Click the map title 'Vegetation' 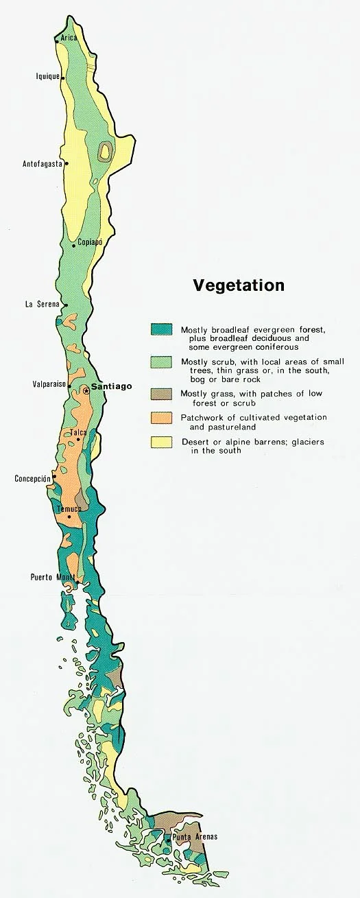click(238, 285)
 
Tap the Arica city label click(69, 38)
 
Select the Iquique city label click(47, 77)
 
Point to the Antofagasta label click(43, 164)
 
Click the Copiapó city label click(90, 242)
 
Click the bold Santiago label click(111, 387)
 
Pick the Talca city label click(78, 433)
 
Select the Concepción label click(33, 479)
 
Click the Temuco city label click(69, 509)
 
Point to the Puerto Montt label click(53, 577)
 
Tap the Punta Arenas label click(195, 837)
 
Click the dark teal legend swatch click(161, 329)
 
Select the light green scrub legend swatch click(161, 362)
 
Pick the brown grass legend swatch click(161, 394)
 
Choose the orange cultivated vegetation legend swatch click(161, 417)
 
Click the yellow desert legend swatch click(161, 442)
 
